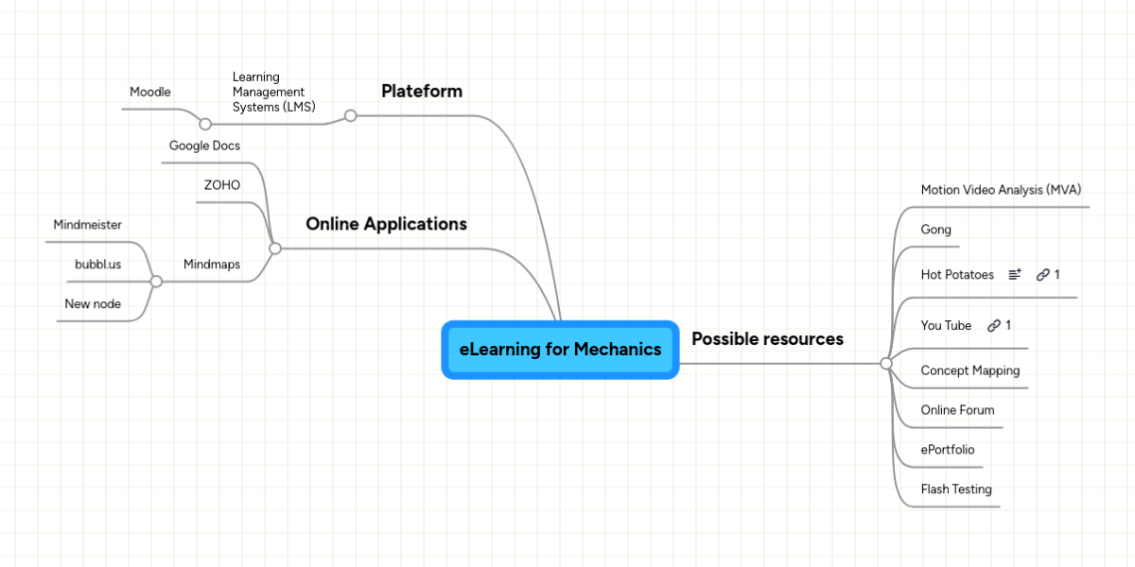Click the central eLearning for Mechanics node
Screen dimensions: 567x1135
tap(560, 350)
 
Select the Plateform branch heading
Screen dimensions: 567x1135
tap(422, 92)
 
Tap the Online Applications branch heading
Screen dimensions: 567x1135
tap(386, 225)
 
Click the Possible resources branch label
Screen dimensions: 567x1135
tap(767, 339)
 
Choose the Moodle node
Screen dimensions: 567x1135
tap(150, 93)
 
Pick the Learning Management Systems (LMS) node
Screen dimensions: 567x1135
tap(273, 93)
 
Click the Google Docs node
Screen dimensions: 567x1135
tap(204, 146)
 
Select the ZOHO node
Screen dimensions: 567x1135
tap(222, 185)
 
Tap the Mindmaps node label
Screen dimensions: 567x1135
tap(212, 265)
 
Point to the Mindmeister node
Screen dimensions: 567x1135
tap(88, 225)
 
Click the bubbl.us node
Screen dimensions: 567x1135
tap(98, 265)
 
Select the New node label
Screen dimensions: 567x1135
tap(93, 304)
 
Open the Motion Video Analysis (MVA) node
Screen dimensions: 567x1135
tap(1001, 190)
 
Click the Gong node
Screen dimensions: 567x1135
tap(936, 230)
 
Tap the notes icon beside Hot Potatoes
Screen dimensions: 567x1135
tap(1015, 275)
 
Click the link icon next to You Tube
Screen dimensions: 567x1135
tap(994, 326)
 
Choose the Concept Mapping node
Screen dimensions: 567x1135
tap(970, 370)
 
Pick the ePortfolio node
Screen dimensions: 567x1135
tap(948, 450)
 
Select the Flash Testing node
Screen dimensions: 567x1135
tap(956, 490)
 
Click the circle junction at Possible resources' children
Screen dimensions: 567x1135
tap(886, 364)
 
